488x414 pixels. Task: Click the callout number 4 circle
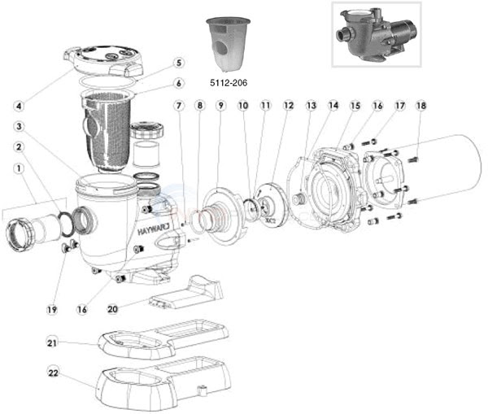pyautogui.click(x=19, y=106)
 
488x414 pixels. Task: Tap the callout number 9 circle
pyautogui.click(x=220, y=106)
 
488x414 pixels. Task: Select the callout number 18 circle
pyautogui.click(x=421, y=106)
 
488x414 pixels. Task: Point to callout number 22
pyautogui.click(x=53, y=373)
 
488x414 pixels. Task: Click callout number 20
pyautogui.click(x=113, y=309)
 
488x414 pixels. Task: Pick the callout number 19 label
pyautogui.click(x=52, y=310)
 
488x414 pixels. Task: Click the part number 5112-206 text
pyautogui.click(x=229, y=82)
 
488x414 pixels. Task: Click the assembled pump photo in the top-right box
pyautogui.click(x=376, y=34)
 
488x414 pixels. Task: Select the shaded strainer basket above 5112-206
pyautogui.click(x=228, y=46)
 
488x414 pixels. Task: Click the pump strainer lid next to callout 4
pyautogui.click(x=103, y=61)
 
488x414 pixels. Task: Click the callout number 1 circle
pyautogui.click(x=19, y=168)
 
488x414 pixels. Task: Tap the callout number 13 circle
pyautogui.click(x=312, y=106)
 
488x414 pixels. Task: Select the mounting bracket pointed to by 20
pyautogui.click(x=186, y=292)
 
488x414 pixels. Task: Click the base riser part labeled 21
pyautogui.click(x=163, y=338)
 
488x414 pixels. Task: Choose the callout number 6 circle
pyautogui.click(x=178, y=84)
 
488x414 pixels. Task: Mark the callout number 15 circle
pyautogui.click(x=355, y=106)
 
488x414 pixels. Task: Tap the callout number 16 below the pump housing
pyautogui.click(x=82, y=310)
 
